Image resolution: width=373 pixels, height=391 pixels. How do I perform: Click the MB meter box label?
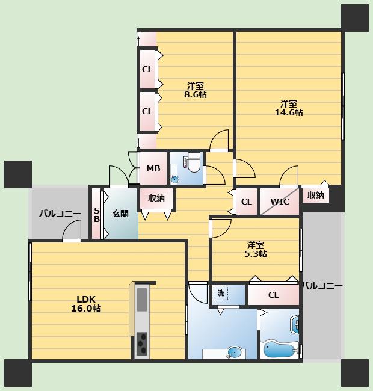153,168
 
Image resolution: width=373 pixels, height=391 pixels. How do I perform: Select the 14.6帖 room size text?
289,112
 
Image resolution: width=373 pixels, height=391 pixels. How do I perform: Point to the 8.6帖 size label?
196,94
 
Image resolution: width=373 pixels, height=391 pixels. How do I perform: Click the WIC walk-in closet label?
280,202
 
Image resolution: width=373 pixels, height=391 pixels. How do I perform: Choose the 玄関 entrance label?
120,214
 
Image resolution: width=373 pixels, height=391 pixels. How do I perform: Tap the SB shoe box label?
97,215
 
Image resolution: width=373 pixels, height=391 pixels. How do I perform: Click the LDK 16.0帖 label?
86,303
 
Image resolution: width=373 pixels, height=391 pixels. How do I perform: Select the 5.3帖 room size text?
256,254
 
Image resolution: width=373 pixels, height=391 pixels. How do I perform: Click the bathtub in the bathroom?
279,349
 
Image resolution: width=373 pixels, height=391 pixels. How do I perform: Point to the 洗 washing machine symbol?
221,293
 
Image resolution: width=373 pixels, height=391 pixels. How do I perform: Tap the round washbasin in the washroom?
235,353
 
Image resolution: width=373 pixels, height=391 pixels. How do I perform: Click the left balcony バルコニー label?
60,214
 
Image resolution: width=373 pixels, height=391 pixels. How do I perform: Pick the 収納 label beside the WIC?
316,195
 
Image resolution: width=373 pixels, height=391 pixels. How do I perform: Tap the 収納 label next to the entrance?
156,199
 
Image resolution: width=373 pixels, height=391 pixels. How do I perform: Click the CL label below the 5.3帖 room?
274,295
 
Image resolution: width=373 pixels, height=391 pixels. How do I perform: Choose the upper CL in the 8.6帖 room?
147,69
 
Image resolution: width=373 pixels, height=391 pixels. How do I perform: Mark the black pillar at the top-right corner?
355,18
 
